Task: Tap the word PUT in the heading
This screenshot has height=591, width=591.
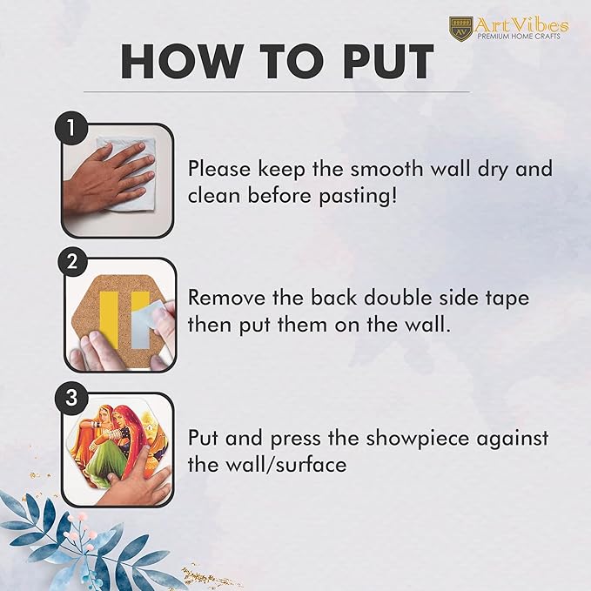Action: click(388, 62)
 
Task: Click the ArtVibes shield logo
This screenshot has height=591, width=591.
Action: click(460, 28)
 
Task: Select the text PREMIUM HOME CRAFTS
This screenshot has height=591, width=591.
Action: click(519, 37)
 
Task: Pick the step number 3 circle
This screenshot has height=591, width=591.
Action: click(71, 397)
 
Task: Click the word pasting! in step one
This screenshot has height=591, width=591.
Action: click(358, 197)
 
